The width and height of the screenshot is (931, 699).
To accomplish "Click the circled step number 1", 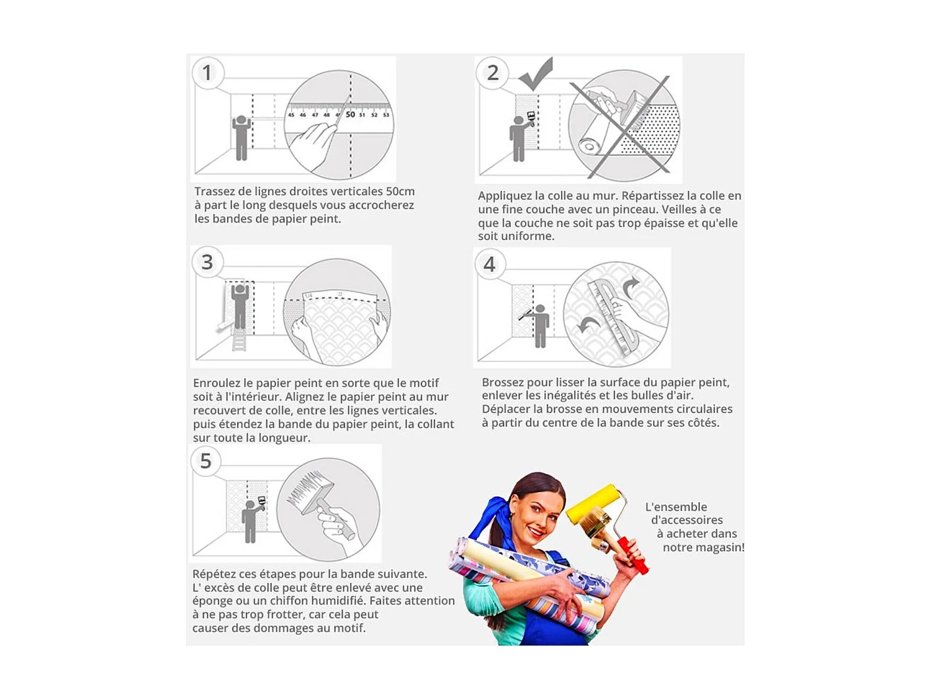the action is pyautogui.click(x=207, y=73).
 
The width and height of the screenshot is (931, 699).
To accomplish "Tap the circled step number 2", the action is pyautogui.click(x=492, y=73).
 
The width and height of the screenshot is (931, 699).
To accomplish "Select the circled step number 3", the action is pyautogui.click(x=207, y=262).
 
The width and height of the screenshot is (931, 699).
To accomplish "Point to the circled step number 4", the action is pyautogui.click(x=490, y=264).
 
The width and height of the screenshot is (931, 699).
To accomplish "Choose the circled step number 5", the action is pyautogui.click(x=205, y=461).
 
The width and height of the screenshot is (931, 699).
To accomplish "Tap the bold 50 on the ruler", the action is pyautogui.click(x=350, y=114).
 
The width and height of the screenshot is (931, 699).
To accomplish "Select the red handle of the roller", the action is pyautogui.click(x=634, y=555).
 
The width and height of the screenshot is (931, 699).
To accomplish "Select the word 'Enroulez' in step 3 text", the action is pyautogui.click(x=217, y=383).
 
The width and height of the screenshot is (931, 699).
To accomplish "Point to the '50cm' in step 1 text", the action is pyautogui.click(x=400, y=191).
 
